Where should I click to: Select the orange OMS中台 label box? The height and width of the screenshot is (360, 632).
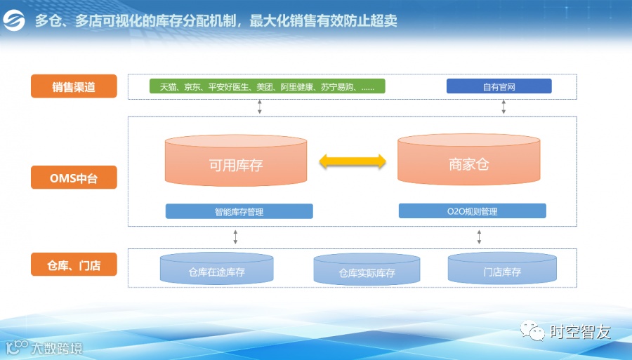click(74, 178)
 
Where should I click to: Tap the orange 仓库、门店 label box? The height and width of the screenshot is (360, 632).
click(74, 265)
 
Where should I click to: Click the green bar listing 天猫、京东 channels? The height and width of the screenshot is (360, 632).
click(268, 86)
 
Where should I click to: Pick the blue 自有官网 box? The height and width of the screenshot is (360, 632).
click(499, 86)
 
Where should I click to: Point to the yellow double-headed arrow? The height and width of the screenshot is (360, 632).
click(353, 162)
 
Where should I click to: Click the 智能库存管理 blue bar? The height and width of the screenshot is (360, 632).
click(239, 211)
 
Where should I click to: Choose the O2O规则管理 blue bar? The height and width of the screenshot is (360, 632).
click(472, 211)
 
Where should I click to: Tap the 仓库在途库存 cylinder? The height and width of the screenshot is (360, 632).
click(216, 269)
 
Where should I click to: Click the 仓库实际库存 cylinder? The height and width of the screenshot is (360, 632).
click(367, 271)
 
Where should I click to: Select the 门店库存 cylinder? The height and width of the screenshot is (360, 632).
click(502, 269)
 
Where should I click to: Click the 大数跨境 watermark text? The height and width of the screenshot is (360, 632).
click(56, 347)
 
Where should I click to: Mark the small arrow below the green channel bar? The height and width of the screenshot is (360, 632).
click(260, 107)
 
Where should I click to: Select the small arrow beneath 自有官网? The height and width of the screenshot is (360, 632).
click(503, 107)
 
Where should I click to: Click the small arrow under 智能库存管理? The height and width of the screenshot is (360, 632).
click(235, 236)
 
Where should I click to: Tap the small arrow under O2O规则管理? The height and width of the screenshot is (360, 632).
click(479, 236)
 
